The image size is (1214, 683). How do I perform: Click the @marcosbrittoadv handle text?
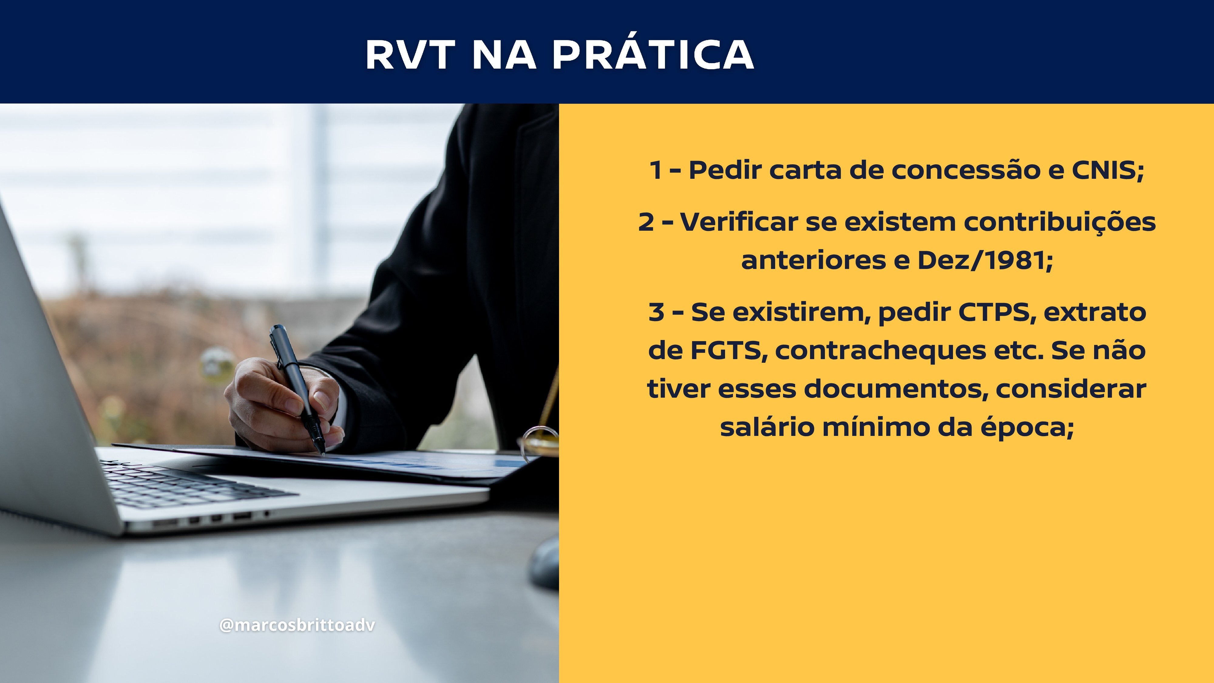297,625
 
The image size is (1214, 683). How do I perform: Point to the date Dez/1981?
985,260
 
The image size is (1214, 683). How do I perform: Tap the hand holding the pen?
283,405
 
